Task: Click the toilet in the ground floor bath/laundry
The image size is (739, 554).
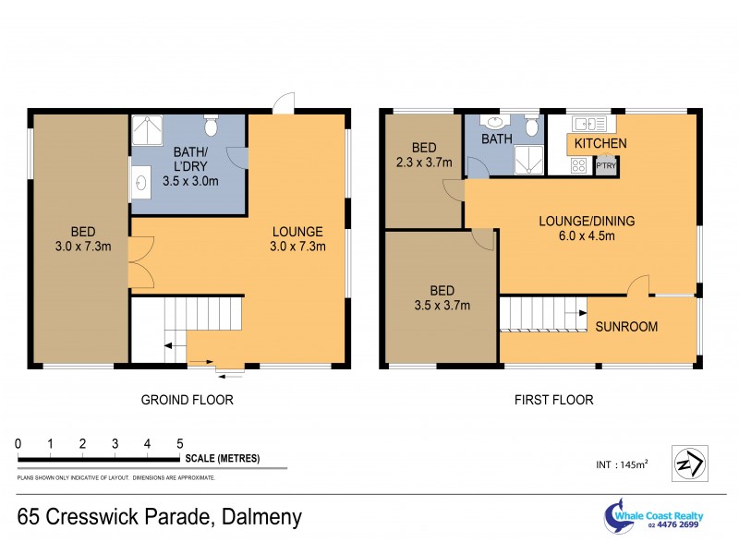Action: (x=211, y=124)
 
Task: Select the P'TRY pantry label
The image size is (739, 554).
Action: (x=606, y=166)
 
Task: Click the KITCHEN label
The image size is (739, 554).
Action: (x=600, y=144)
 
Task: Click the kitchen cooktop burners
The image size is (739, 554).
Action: (x=579, y=166)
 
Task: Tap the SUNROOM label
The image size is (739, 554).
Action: (x=626, y=327)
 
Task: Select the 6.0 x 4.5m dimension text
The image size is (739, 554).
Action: (x=587, y=236)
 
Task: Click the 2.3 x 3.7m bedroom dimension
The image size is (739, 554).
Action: (x=424, y=163)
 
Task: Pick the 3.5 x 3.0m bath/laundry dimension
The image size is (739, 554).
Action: (x=189, y=181)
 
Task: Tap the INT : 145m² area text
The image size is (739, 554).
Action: (x=621, y=464)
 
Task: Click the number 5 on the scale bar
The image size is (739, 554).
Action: (x=180, y=444)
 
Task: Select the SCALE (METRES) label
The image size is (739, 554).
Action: (x=223, y=459)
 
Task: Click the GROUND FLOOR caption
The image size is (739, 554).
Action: (x=187, y=400)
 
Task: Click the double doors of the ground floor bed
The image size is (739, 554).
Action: (x=139, y=262)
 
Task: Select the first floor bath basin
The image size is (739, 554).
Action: (x=494, y=123)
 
